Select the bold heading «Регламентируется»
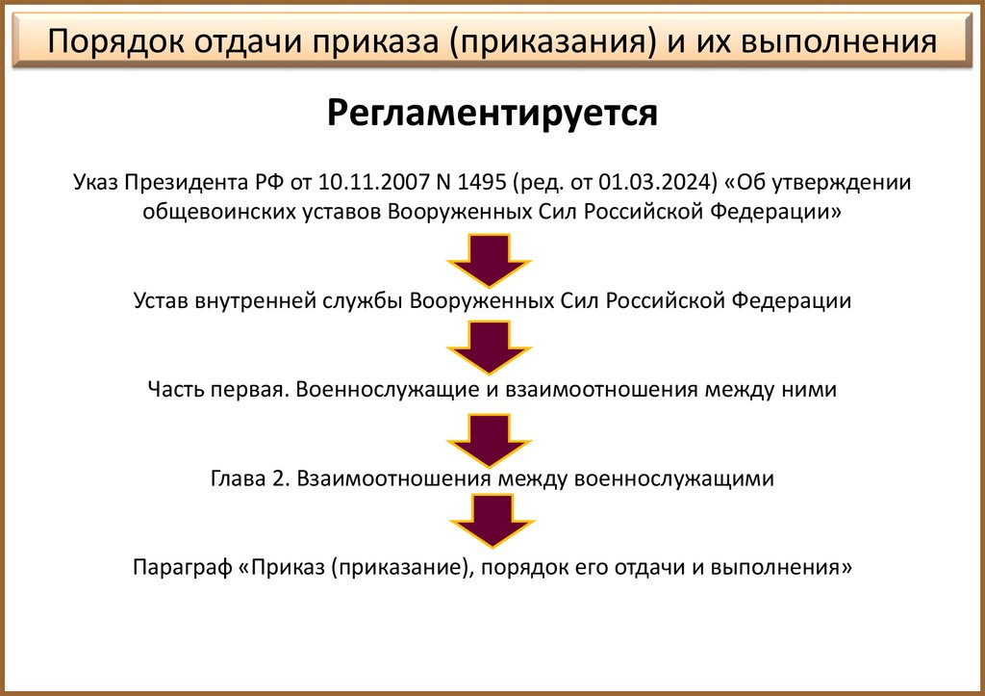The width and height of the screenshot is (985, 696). (x=492, y=113)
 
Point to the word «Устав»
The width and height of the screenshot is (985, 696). (x=160, y=300)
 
